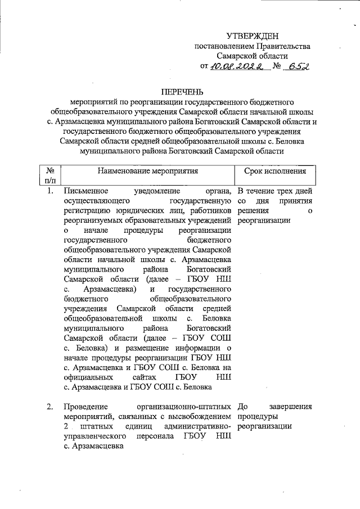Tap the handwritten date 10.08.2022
234,66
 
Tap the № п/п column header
50,175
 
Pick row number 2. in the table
50,406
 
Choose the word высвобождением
204,416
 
